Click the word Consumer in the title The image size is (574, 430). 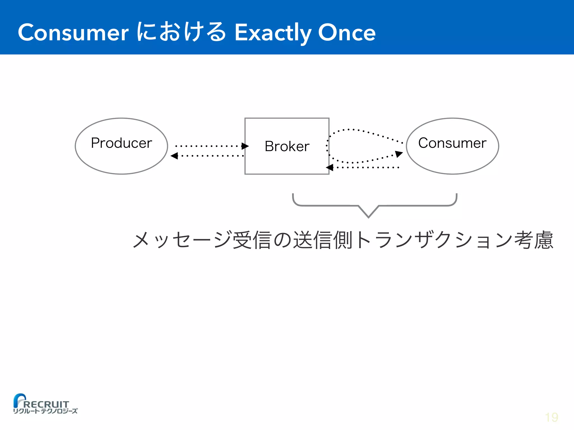pyautogui.click(x=73, y=32)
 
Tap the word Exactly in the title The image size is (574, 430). pyautogui.click(x=272, y=33)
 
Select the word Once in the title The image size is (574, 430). pyautogui.click(x=347, y=32)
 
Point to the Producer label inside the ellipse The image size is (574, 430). pyautogui.click(x=121, y=143)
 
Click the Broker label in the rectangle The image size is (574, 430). pyautogui.click(x=287, y=146)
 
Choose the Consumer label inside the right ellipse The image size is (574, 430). pyautogui.click(x=452, y=143)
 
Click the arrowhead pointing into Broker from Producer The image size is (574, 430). pyautogui.click(x=245, y=146)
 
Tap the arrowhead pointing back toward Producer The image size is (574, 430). pyautogui.click(x=174, y=156)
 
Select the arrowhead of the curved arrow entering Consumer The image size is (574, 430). pyautogui.click(x=399, y=154)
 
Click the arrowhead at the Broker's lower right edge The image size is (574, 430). pyautogui.click(x=330, y=167)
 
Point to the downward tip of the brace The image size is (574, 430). pyautogui.click(x=369, y=216)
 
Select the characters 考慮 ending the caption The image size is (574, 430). pyautogui.click(x=534, y=240)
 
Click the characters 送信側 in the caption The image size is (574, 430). pyautogui.click(x=322, y=240)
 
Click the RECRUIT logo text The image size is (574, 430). pyautogui.click(x=46, y=404)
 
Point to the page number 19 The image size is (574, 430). pyautogui.click(x=552, y=417)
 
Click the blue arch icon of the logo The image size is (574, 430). pyautogui.click(x=19, y=399)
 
